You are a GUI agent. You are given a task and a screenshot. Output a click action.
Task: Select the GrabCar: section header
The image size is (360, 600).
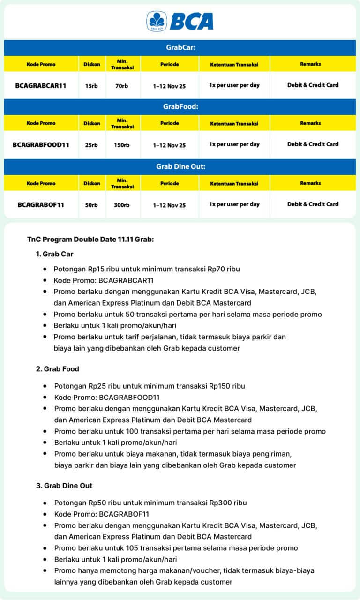point(180,48)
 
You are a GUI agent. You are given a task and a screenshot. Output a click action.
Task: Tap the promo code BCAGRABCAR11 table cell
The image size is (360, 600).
point(41,86)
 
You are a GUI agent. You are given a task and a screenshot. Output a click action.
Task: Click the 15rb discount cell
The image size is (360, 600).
point(91,86)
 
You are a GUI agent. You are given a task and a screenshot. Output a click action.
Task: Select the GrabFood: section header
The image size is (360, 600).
point(180,106)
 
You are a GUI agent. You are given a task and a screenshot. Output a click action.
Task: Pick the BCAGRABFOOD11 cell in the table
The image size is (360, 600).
point(41,145)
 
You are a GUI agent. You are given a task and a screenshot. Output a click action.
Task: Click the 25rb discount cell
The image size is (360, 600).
point(91,145)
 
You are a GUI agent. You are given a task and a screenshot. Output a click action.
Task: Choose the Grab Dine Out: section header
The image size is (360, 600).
point(180,167)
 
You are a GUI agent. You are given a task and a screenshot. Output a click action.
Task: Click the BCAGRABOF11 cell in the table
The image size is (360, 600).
point(41,205)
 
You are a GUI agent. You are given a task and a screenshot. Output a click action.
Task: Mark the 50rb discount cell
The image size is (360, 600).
point(91,205)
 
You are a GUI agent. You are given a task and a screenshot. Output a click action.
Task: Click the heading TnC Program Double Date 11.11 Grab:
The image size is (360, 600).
point(90,240)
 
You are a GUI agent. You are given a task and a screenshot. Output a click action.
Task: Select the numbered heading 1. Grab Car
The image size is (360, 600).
point(54,254)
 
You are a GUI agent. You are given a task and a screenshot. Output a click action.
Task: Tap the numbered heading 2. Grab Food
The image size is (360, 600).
point(57,369)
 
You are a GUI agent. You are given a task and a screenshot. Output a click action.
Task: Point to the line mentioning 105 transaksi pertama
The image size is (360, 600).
point(176,548)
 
